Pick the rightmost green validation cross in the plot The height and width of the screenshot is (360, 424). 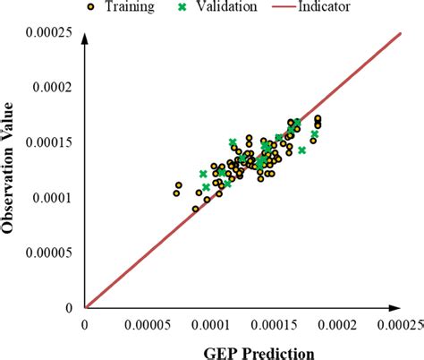coord(315,134)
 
